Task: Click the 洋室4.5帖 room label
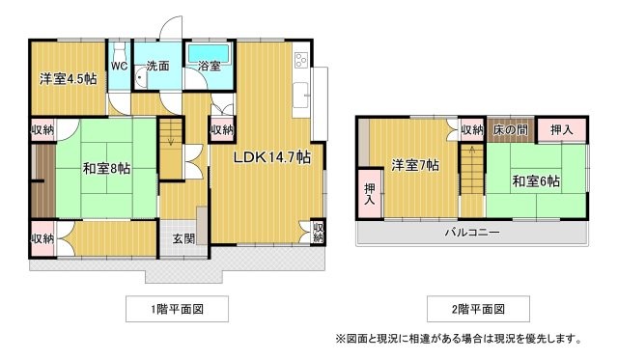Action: click(68, 79)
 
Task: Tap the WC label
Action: click(119, 67)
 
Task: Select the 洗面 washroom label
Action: click(157, 67)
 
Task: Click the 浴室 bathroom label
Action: click(209, 67)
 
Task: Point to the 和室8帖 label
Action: click(106, 169)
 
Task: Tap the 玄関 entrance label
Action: click(184, 238)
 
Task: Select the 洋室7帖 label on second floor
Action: click(415, 165)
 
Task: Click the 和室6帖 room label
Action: click(537, 180)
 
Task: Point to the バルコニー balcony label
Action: click(471, 233)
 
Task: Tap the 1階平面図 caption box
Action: click(177, 309)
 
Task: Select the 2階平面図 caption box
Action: click(477, 309)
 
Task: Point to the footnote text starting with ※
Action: click(458, 339)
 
